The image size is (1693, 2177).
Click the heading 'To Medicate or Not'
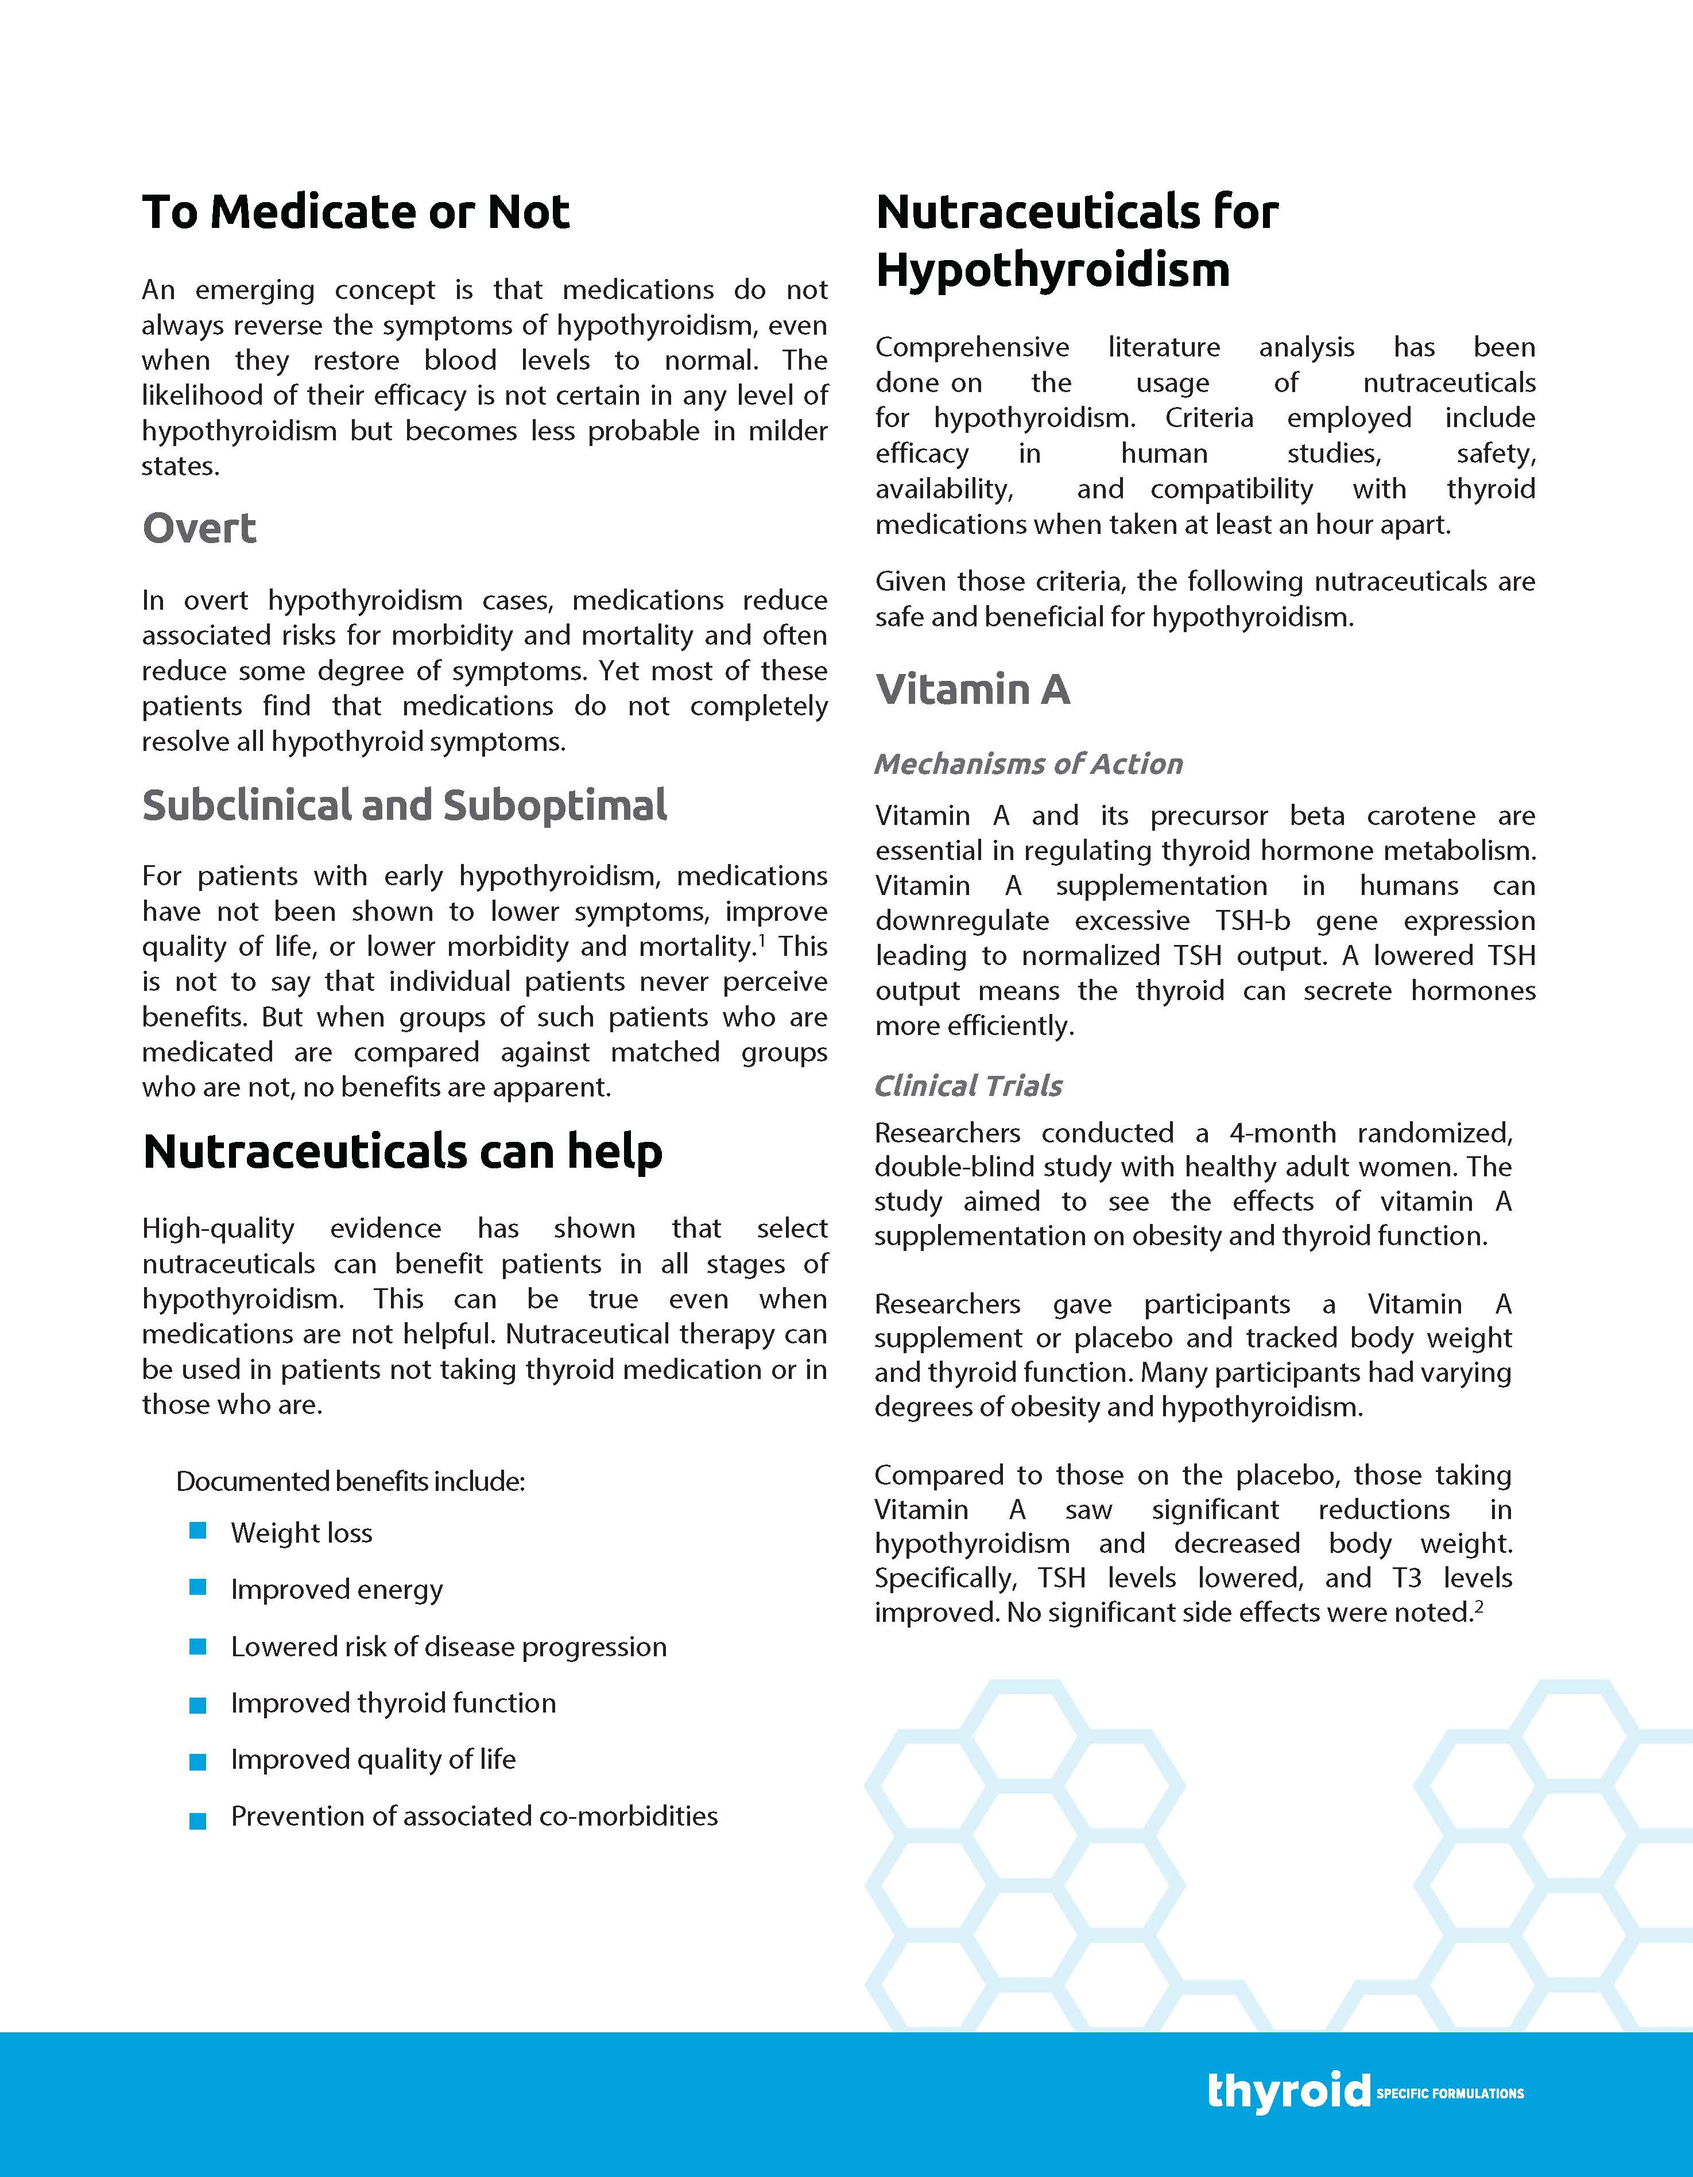(x=356, y=212)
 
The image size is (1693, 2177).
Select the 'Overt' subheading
(x=199, y=528)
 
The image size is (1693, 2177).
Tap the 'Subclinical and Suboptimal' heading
(x=405, y=805)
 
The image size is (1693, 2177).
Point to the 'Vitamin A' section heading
(x=972, y=689)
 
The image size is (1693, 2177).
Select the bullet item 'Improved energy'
(x=336, y=1589)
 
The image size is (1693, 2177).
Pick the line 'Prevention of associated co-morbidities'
(x=474, y=1816)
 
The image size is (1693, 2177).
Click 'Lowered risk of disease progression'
(x=449, y=1647)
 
